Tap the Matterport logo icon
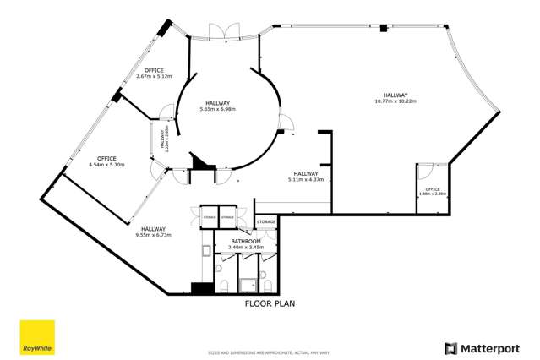click(450, 347)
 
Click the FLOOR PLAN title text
click(269, 303)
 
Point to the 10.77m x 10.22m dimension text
click(395, 101)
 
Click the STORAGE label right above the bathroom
click(266, 221)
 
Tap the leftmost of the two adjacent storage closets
click(209, 217)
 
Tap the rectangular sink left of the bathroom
click(208, 250)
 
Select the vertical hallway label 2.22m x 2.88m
click(164, 140)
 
